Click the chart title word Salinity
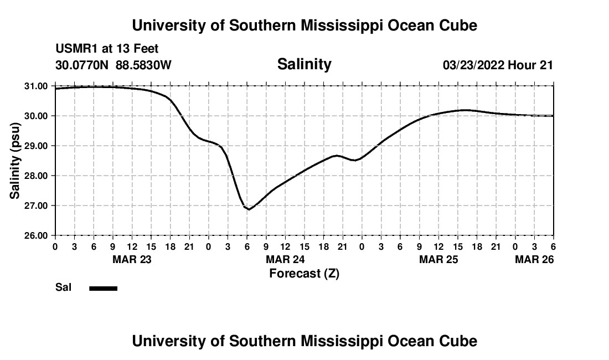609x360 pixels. click(304, 64)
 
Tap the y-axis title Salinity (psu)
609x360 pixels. click(16, 161)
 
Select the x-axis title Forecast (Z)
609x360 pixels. click(304, 273)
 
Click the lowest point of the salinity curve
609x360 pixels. click(249, 209)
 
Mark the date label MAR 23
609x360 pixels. click(132, 259)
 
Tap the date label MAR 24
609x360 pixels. click(285, 259)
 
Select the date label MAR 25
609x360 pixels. click(438, 259)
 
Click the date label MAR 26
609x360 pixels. click(534, 259)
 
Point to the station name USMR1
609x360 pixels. click(75, 49)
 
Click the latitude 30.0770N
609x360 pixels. click(82, 65)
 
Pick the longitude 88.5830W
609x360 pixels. click(143, 65)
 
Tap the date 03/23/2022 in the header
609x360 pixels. click(473, 65)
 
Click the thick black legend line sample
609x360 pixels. click(104, 288)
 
